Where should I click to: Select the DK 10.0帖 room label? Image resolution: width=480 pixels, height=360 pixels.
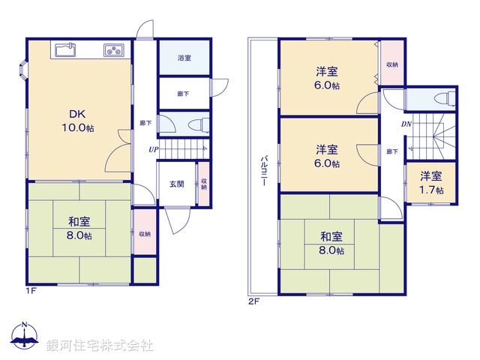(x=78, y=120)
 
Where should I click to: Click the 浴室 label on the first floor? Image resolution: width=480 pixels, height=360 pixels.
(x=184, y=58)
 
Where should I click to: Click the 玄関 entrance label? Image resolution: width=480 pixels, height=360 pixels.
(x=176, y=184)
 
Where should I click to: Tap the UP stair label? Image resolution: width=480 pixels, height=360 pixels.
(x=153, y=149)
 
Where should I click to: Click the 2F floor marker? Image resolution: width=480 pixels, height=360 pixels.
(x=253, y=301)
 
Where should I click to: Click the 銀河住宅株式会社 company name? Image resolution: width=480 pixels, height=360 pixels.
(x=99, y=345)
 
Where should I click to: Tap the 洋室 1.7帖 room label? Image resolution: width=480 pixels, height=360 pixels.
(x=430, y=182)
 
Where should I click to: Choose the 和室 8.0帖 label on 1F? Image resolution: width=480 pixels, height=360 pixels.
(x=79, y=228)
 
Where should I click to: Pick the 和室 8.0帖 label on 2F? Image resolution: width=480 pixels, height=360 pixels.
(x=331, y=243)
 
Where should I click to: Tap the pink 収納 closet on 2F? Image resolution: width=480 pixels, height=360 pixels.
(x=392, y=64)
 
